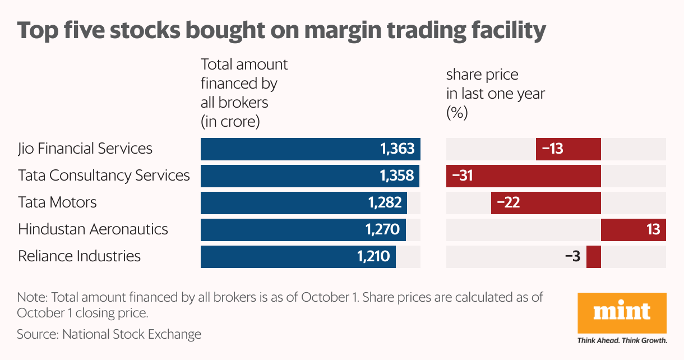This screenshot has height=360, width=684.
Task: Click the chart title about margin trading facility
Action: click(x=281, y=30)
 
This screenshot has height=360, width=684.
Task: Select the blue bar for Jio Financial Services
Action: click(x=310, y=149)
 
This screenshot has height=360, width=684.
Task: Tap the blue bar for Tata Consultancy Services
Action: click(x=309, y=176)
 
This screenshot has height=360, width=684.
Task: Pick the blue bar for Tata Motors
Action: click(x=303, y=202)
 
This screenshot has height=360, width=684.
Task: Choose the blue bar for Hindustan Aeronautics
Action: click(x=303, y=229)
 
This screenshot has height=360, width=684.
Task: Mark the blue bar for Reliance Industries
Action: click(x=298, y=256)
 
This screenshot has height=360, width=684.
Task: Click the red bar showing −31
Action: click(x=523, y=176)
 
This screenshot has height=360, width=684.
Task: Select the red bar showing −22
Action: click(x=546, y=202)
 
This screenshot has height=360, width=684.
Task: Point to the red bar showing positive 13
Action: click(x=633, y=229)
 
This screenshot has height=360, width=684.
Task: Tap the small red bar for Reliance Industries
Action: click(x=593, y=256)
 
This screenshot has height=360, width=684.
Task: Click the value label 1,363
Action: click(x=397, y=149)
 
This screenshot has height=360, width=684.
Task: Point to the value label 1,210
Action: click(x=373, y=256)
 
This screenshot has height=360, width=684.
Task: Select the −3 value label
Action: click(x=572, y=256)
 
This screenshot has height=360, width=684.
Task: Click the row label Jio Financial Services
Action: click(x=85, y=149)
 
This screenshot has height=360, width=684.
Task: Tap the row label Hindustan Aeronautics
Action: click(x=93, y=229)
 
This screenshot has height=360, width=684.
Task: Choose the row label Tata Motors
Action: click(x=57, y=202)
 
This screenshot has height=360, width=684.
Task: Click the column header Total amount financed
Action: click(x=244, y=93)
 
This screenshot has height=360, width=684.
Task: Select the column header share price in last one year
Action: click(x=495, y=93)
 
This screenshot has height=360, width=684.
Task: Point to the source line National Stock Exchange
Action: click(x=109, y=335)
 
